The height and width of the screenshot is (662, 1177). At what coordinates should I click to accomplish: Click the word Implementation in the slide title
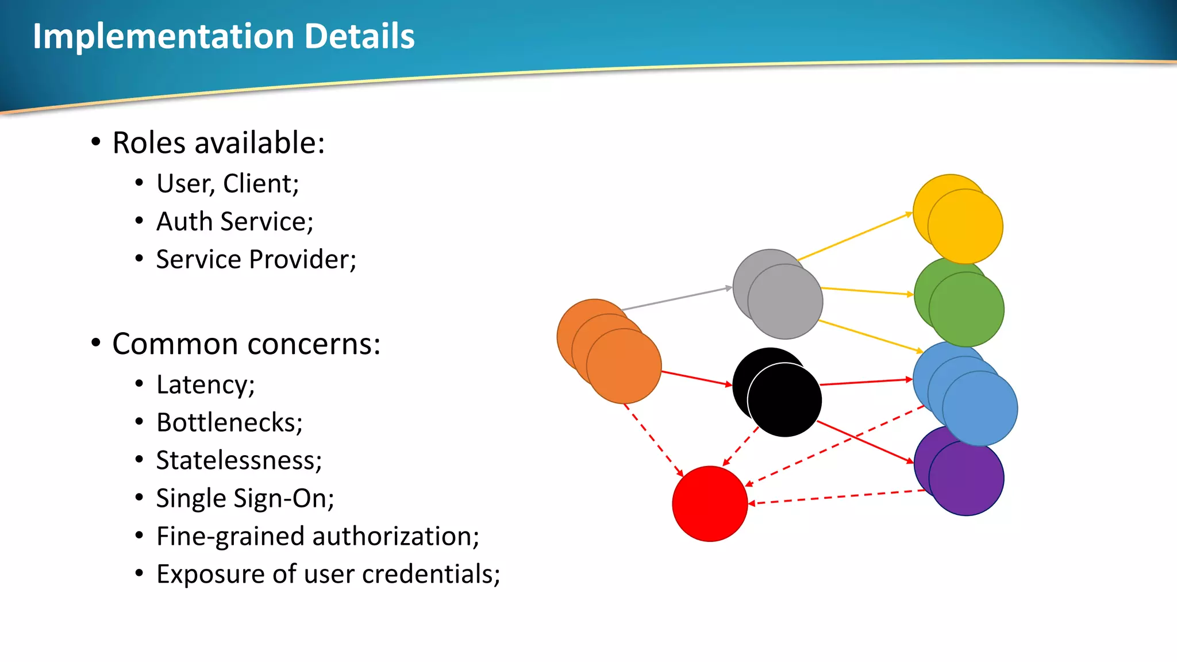click(163, 37)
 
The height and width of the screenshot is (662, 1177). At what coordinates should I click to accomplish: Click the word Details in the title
click(359, 36)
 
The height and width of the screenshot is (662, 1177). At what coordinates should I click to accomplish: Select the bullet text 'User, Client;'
click(228, 184)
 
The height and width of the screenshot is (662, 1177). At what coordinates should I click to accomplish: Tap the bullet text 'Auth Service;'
click(234, 222)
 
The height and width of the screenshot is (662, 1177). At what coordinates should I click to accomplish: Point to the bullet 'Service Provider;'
click(256, 260)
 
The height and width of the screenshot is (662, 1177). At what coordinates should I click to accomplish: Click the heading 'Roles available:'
click(218, 143)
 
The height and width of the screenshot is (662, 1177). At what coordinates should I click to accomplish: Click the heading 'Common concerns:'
click(246, 344)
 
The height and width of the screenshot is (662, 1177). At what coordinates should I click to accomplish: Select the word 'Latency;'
click(205, 384)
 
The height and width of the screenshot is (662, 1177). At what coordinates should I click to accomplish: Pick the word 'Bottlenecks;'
click(229, 422)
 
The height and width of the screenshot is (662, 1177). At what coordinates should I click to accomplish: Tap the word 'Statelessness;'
click(239, 460)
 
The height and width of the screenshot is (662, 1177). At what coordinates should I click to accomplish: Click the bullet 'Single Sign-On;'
click(245, 498)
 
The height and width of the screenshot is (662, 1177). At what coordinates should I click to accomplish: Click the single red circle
click(710, 504)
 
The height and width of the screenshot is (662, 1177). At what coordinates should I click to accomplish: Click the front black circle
click(785, 401)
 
